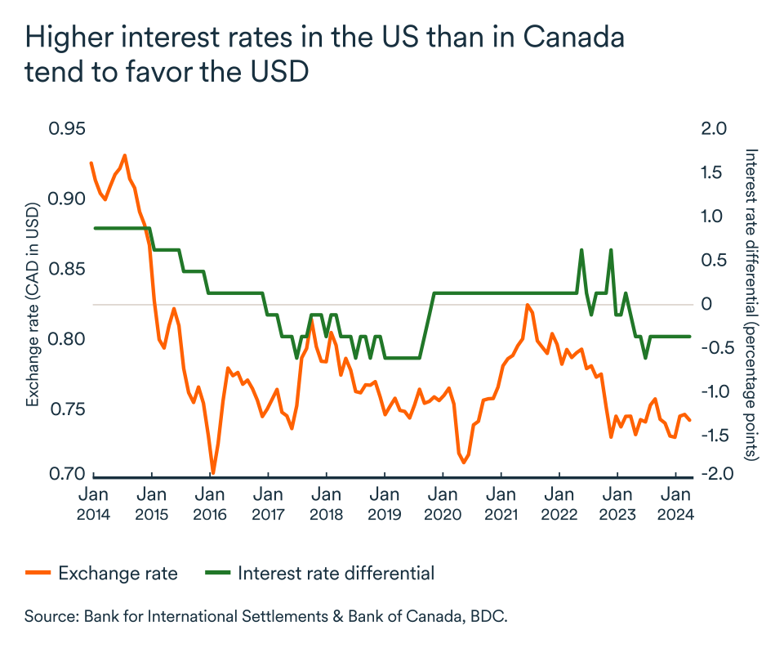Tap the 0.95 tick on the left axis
click(66, 129)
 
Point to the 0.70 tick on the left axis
click(66, 475)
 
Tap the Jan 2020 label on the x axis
click(442, 504)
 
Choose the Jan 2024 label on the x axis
click(675, 504)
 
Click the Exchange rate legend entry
click(118, 573)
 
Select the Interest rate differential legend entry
click(336, 573)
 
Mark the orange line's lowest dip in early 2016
click(213, 471)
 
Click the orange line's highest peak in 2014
click(124, 155)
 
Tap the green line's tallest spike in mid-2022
click(581, 250)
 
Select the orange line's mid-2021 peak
click(527, 306)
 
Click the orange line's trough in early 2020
click(464, 462)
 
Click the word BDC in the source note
click(488, 615)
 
